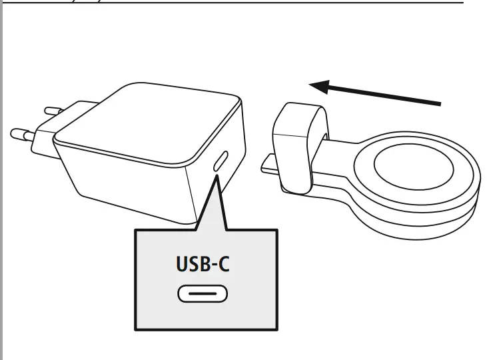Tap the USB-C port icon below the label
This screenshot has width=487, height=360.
point(201,293)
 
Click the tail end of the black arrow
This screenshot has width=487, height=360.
point(436,103)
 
